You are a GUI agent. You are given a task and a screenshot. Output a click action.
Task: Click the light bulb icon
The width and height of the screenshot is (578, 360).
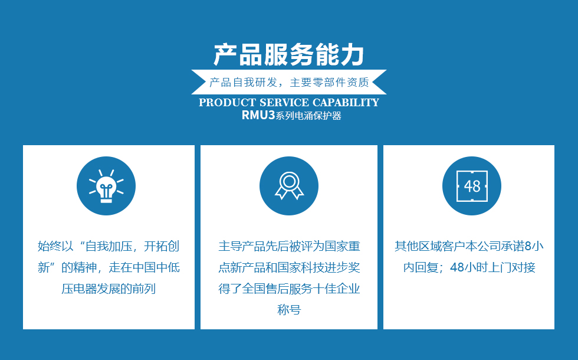pos(106,186)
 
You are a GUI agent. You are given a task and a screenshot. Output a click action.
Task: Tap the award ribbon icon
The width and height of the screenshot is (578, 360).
pos(289,186)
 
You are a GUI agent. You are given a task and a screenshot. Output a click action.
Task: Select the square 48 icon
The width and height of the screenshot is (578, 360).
pos(472,186)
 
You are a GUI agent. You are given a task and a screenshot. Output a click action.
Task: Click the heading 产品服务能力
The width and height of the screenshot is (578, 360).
pos(289,54)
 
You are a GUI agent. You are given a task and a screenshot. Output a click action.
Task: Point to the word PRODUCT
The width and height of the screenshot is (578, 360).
pos(228,103)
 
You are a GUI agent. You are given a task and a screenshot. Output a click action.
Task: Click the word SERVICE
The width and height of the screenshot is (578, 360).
pos(284,103)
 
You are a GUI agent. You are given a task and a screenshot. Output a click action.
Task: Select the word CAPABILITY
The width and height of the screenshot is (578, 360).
pos(346,103)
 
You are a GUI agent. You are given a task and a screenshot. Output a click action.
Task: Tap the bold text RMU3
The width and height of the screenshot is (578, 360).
pos(258,116)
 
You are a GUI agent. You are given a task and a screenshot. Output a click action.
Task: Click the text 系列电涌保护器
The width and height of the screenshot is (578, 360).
pos(308,116)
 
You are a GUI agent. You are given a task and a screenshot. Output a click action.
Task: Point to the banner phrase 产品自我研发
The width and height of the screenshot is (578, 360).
pos(243,82)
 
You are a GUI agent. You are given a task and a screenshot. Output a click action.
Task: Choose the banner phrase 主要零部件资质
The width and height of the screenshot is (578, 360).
pos(330,82)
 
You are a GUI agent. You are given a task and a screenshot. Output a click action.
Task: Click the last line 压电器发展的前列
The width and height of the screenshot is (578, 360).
pos(109,289)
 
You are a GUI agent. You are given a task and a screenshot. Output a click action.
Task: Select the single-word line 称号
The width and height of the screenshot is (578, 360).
pos(289,309)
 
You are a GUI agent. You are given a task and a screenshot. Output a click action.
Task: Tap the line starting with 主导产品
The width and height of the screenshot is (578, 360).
pos(289,246)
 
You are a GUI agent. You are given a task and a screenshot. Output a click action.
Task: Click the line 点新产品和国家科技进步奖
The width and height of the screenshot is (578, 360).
pos(289,267)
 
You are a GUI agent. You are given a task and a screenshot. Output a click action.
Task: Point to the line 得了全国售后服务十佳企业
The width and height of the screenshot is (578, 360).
pos(289,289)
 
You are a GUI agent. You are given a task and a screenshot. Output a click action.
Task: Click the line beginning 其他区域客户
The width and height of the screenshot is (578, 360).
pos(469,246)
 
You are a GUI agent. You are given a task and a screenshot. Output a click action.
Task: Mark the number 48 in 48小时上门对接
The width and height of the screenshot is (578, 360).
pos(457,267)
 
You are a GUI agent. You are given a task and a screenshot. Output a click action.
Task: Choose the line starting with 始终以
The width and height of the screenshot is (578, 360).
pos(109,246)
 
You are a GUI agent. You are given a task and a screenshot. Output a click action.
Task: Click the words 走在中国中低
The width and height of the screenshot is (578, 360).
pos(144,267)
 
